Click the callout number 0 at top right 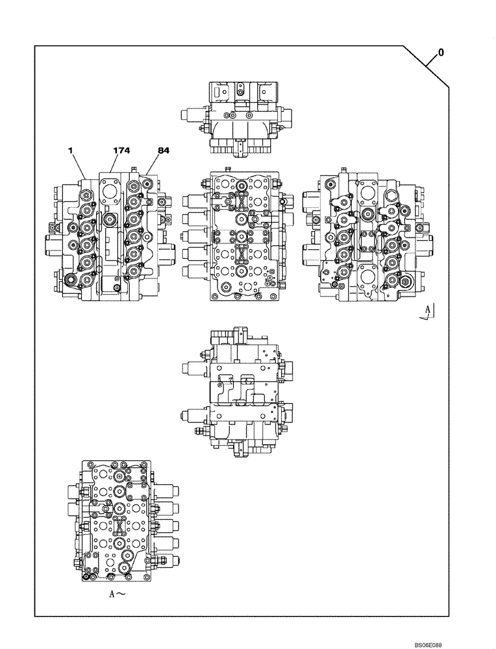(441, 53)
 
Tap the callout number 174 (121, 151)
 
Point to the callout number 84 (163, 151)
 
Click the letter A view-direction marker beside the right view (426, 313)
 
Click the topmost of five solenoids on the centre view (193, 200)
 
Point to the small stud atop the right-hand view (340, 172)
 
